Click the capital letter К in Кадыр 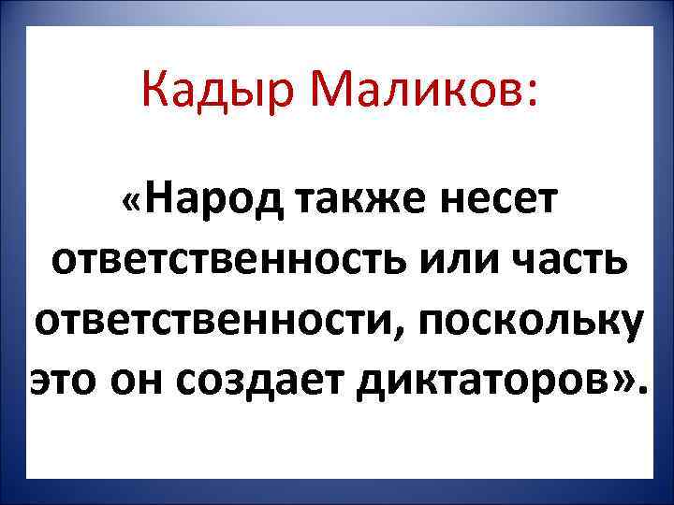coord(155,91)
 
